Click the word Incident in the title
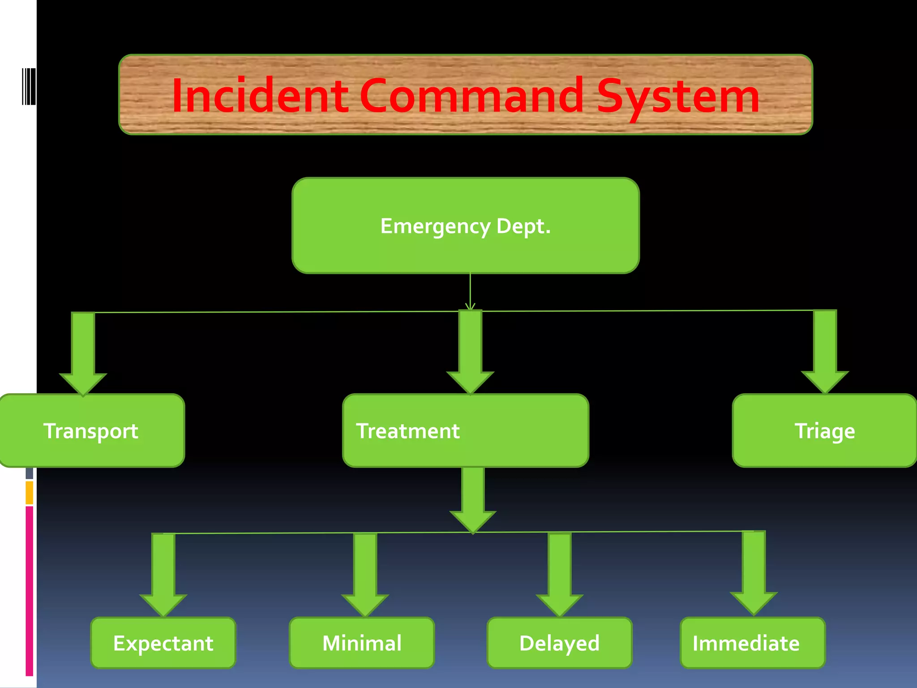(x=260, y=95)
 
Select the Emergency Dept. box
(x=465, y=226)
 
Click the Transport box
(x=91, y=431)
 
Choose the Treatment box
(x=465, y=431)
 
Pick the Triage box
(x=824, y=431)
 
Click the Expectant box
(x=163, y=643)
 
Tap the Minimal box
(x=362, y=643)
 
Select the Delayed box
(x=559, y=643)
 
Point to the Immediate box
(x=753, y=643)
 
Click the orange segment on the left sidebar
(x=29, y=493)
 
